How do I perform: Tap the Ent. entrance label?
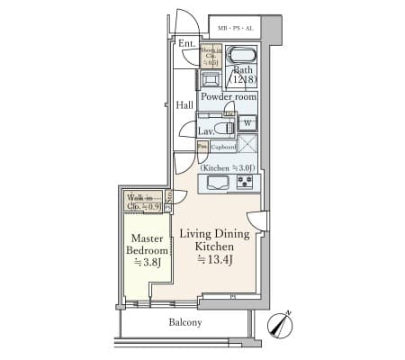187,44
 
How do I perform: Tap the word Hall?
184,105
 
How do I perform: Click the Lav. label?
206,131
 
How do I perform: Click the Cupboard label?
223,146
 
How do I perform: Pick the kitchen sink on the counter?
218,183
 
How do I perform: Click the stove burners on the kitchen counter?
244,183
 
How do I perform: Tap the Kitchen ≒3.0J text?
227,168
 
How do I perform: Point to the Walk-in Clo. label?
143,202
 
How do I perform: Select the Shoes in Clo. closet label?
209,56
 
